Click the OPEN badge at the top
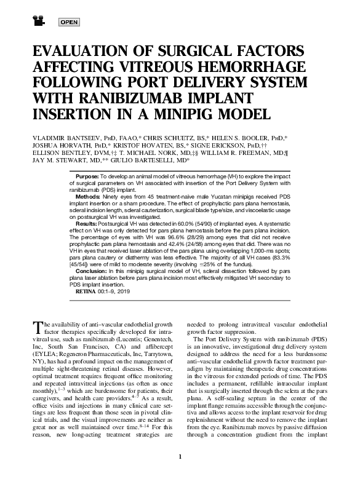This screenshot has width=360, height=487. tap(70, 23)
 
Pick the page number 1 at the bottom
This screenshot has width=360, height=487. tap(180, 473)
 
